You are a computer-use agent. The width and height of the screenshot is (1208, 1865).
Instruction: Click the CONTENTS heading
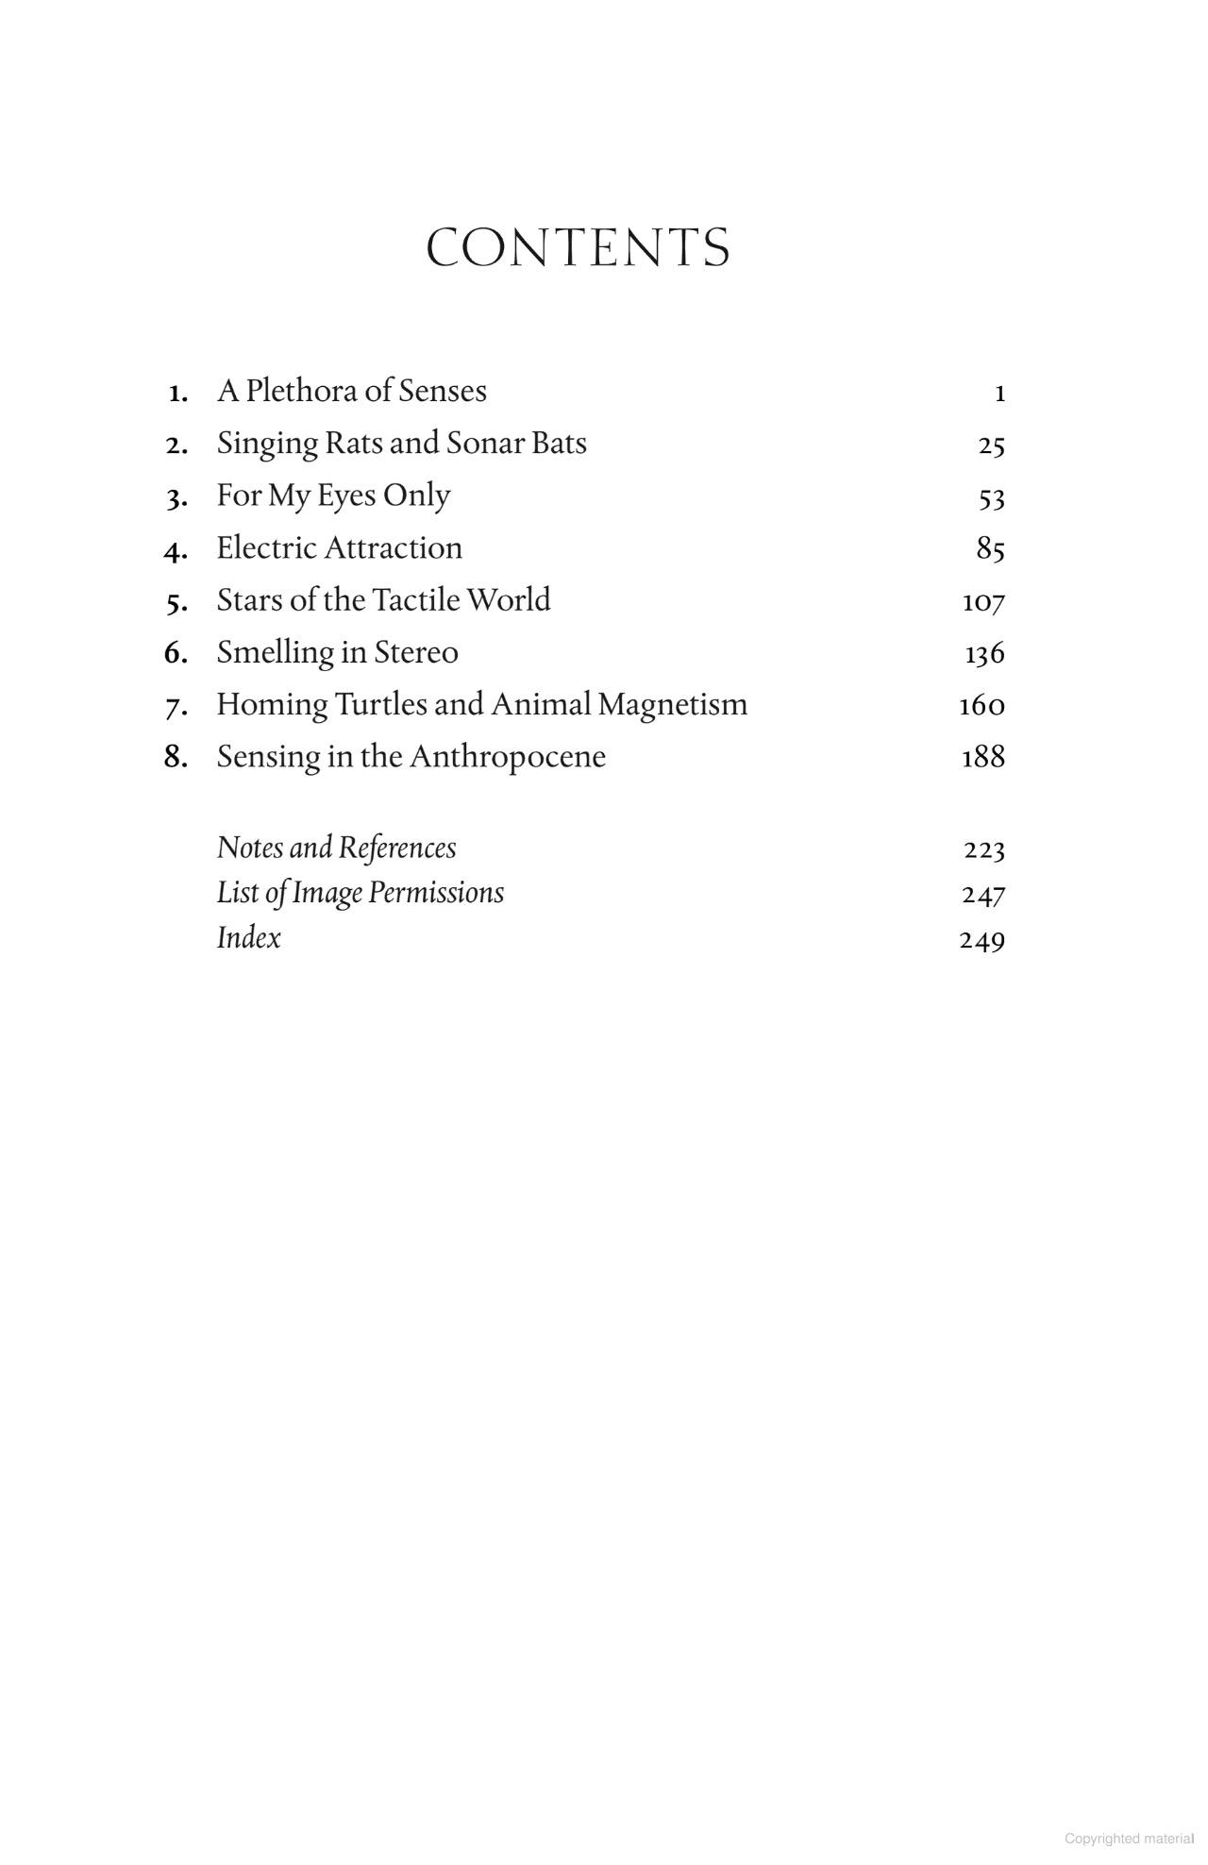(578, 248)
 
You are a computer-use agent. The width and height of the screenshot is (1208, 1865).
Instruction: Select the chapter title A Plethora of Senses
(352, 391)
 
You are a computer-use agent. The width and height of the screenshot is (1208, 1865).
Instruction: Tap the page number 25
(991, 445)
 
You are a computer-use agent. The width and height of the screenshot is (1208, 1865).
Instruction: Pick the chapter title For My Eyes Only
(333, 496)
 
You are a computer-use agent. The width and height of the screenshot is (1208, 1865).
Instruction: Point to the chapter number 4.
(175, 549)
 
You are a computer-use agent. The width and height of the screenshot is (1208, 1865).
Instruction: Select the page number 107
(983, 601)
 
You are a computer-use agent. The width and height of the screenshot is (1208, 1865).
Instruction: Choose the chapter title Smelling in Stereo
(337, 652)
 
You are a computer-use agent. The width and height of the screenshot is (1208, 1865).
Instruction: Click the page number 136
(984, 653)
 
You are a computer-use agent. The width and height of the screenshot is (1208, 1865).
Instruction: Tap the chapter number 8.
(175, 757)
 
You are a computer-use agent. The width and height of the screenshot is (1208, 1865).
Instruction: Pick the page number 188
(982, 757)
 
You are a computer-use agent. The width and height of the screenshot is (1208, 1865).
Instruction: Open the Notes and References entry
(336, 848)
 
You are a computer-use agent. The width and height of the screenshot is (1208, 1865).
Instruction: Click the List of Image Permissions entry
(360, 893)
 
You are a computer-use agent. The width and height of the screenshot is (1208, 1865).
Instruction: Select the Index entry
(248, 938)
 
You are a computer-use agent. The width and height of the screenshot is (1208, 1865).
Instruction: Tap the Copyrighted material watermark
(1129, 1839)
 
